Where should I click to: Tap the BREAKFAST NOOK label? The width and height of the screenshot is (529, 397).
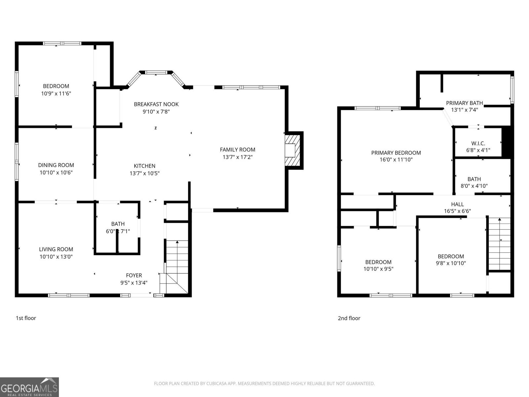pyautogui.click(x=156, y=104)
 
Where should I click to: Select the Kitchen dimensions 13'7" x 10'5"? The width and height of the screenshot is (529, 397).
pyautogui.click(x=144, y=173)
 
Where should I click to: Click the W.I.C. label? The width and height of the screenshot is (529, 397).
pyautogui.click(x=478, y=143)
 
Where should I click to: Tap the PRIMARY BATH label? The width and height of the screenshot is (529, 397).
pyautogui.click(x=464, y=103)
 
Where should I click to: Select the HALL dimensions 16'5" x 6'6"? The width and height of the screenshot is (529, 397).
pyautogui.click(x=457, y=211)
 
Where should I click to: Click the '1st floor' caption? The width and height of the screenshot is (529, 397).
pyautogui.click(x=26, y=318)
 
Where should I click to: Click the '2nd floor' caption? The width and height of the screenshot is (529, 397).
pyautogui.click(x=349, y=318)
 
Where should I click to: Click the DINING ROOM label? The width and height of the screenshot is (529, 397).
pyautogui.click(x=56, y=165)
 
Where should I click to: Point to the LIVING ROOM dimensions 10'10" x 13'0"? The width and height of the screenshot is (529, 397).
pyautogui.click(x=56, y=256)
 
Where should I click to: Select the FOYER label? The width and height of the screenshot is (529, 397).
pyautogui.click(x=134, y=275)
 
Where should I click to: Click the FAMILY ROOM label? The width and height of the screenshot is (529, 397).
pyautogui.click(x=237, y=150)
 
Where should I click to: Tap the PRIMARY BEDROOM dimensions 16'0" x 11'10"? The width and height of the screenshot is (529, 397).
pyautogui.click(x=396, y=160)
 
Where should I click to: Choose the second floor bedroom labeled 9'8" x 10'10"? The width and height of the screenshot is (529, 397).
pyautogui.click(x=451, y=260)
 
